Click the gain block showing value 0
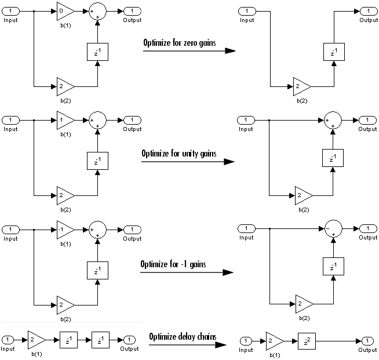tap(65, 11)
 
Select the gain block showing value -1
tap(65, 230)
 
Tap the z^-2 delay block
tap(307, 341)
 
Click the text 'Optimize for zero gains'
tap(179, 43)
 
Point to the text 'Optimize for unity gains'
tap(179, 154)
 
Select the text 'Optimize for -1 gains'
tap(173, 264)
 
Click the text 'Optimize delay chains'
tap(183, 337)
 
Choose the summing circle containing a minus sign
tap(333, 229)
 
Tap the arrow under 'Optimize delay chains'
tap(188, 344)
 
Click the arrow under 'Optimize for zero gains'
tap(189, 51)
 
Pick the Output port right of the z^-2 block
tap(367, 341)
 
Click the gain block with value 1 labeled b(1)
tap(65, 120)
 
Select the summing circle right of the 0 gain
tap(98, 11)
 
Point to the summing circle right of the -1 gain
tap(98, 230)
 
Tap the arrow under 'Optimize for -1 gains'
tap(187, 272)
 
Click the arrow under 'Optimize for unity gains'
tap(188, 162)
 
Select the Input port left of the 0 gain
tap(10, 11)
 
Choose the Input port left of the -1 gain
tap(10, 230)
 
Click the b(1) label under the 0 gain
tap(65, 26)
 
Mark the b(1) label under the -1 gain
tap(65, 244)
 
